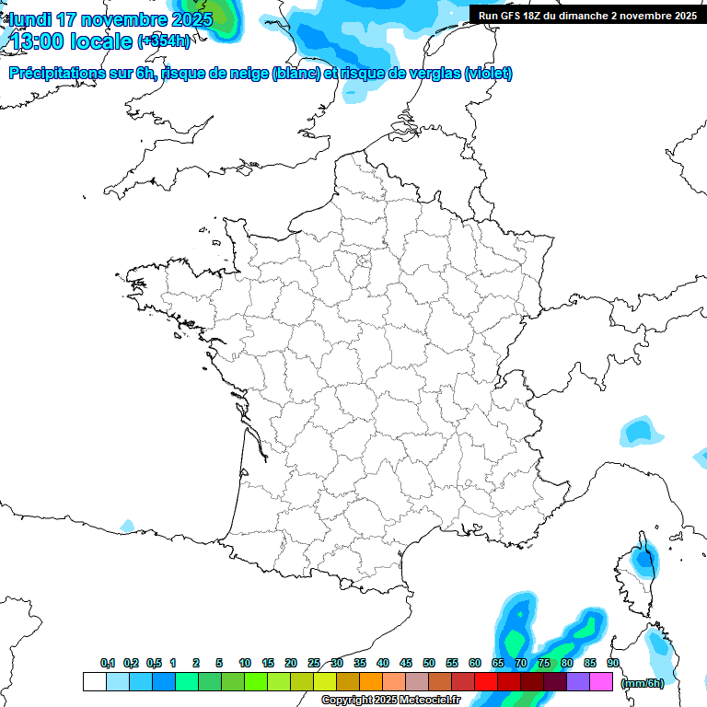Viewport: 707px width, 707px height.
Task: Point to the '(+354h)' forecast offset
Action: (164, 41)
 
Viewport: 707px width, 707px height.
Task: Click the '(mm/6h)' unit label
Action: (642, 683)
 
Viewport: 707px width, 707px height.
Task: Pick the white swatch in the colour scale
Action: (94, 682)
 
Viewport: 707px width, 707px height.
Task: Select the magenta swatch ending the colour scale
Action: (601, 682)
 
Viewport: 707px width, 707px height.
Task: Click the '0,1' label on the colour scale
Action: (108, 664)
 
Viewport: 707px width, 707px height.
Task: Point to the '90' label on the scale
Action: (613, 664)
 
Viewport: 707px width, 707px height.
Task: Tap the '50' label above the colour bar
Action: (429, 664)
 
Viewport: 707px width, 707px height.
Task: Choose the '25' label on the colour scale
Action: (314, 664)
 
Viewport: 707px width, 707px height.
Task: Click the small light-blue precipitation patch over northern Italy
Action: (637, 431)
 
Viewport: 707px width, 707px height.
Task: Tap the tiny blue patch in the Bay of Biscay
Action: (127, 527)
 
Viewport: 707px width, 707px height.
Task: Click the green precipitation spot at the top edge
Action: (222, 18)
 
